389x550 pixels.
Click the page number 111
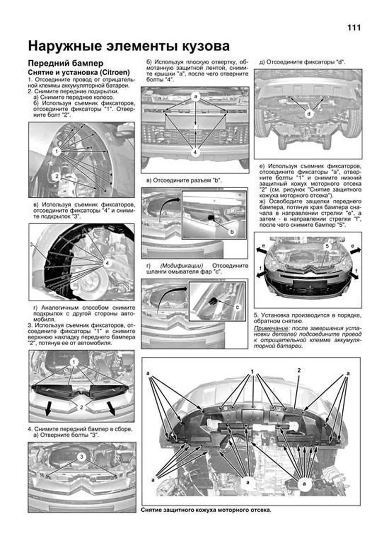(x=354, y=28)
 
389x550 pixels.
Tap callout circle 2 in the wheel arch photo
(x=56, y=176)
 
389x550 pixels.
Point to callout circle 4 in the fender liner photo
(x=107, y=263)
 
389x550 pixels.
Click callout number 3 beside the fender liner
(x=31, y=244)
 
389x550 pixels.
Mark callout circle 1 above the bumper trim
(x=75, y=362)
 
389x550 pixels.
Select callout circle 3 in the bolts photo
(x=81, y=457)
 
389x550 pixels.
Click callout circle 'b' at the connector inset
(x=232, y=232)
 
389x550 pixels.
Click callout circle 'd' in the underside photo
(x=309, y=114)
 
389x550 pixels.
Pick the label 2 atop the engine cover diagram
(x=299, y=370)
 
